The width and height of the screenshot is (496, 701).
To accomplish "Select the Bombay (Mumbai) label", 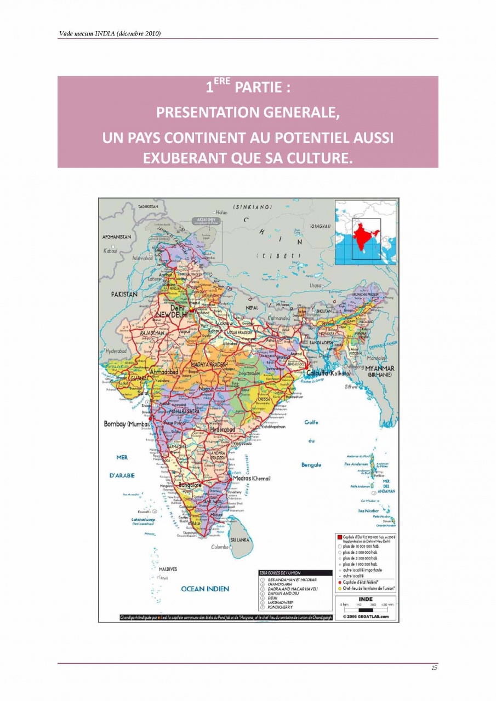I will (127, 424).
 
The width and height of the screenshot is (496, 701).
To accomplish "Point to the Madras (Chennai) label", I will (252, 478).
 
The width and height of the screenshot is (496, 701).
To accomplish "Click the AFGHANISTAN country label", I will (117, 237).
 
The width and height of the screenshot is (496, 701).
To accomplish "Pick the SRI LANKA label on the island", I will (240, 539).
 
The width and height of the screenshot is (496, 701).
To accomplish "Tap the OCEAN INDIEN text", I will (205, 589).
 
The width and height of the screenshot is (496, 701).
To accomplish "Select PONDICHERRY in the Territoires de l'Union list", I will (281, 607).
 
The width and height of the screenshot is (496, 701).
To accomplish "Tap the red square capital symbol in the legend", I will (340, 537).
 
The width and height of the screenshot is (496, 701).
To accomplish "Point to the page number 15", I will (434, 668).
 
